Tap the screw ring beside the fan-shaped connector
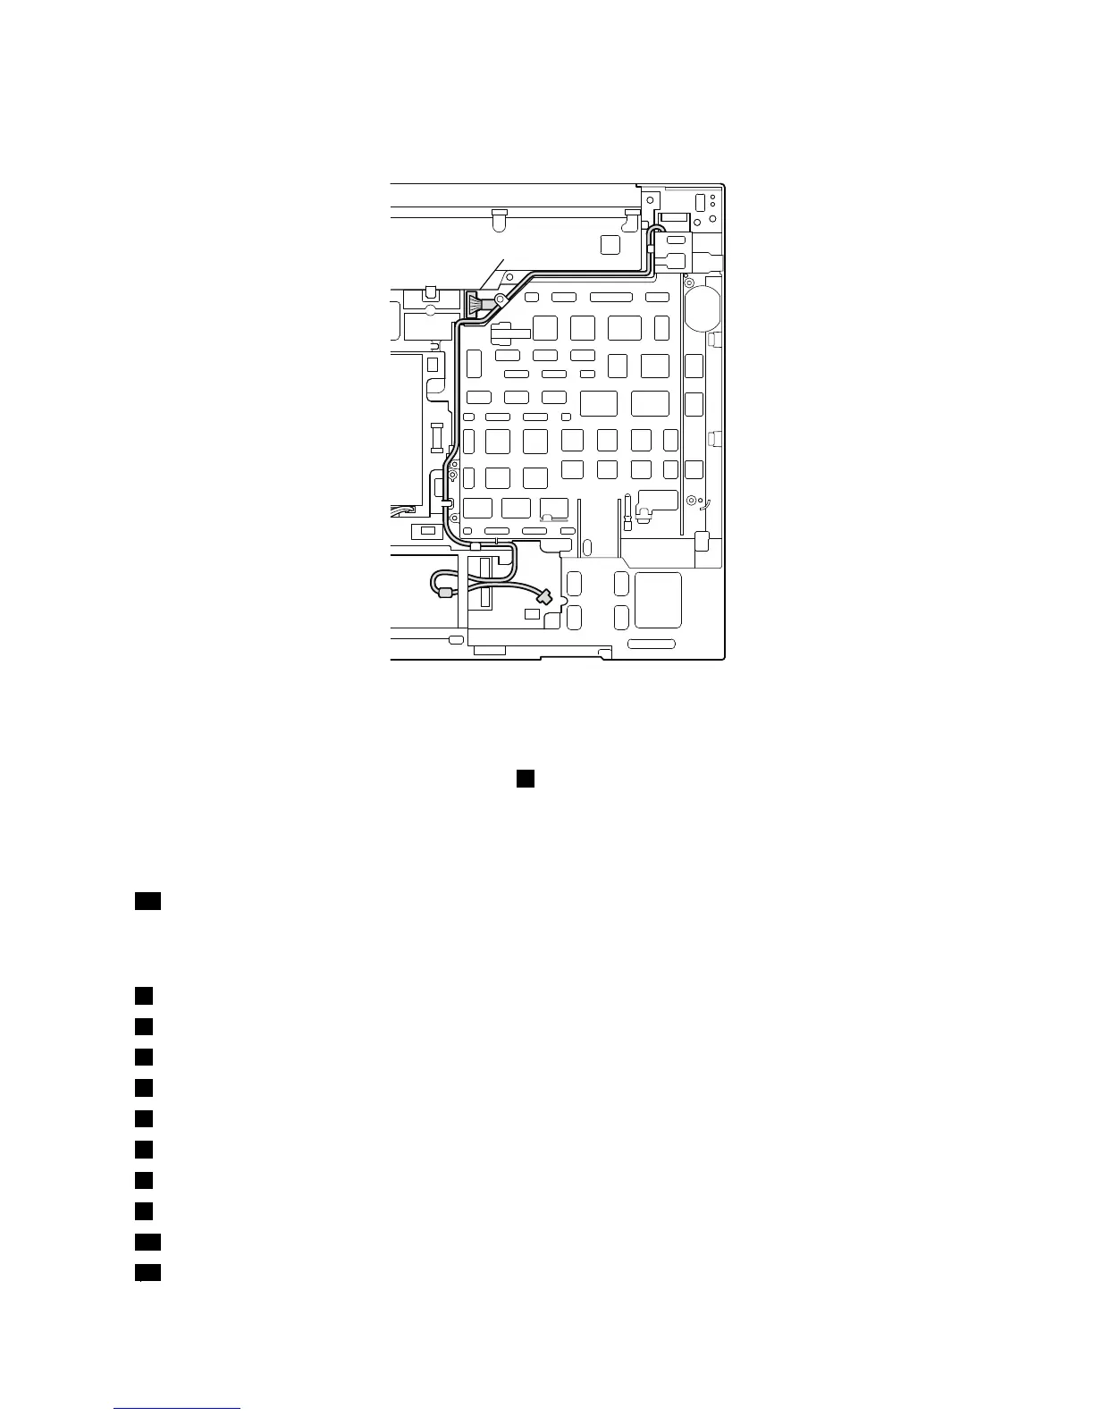pos(500,299)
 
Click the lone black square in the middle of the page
pos(525,779)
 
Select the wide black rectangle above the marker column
pos(147,901)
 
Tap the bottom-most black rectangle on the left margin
pos(147,1273)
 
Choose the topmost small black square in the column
pos(144,995)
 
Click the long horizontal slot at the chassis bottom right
pos(652,645)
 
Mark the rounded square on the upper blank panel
pos(610,244)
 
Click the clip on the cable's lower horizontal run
pos(475,544)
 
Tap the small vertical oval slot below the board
pos(586,549)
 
